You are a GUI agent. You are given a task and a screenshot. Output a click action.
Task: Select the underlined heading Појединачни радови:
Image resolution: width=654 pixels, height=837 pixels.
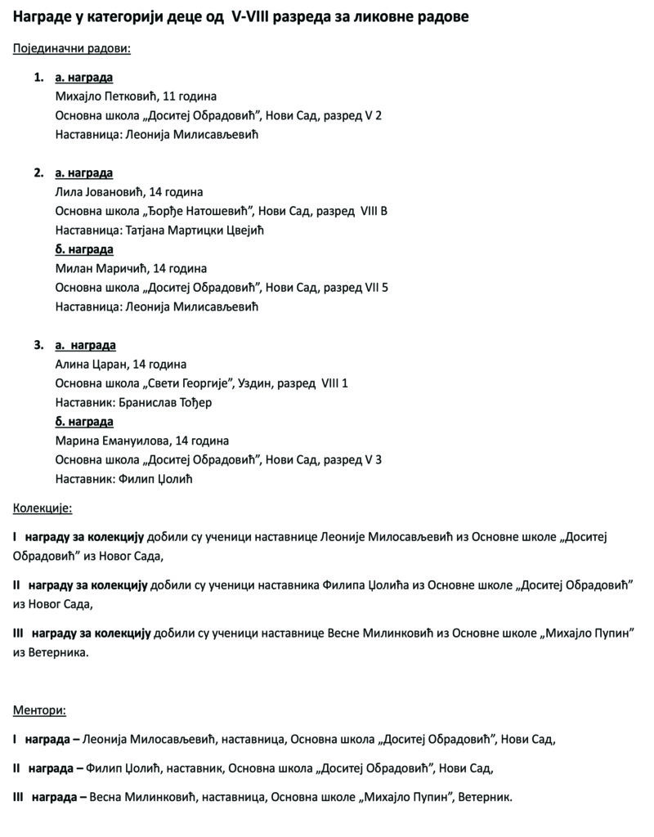[x=72, y=48]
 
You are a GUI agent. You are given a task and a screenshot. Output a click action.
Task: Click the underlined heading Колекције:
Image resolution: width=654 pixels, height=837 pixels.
[x=43, y=508]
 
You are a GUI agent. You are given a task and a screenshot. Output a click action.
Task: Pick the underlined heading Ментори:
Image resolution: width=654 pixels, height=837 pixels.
[x=39, y=710]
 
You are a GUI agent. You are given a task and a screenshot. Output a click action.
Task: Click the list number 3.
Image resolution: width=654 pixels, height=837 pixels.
[x=38, y=345]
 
